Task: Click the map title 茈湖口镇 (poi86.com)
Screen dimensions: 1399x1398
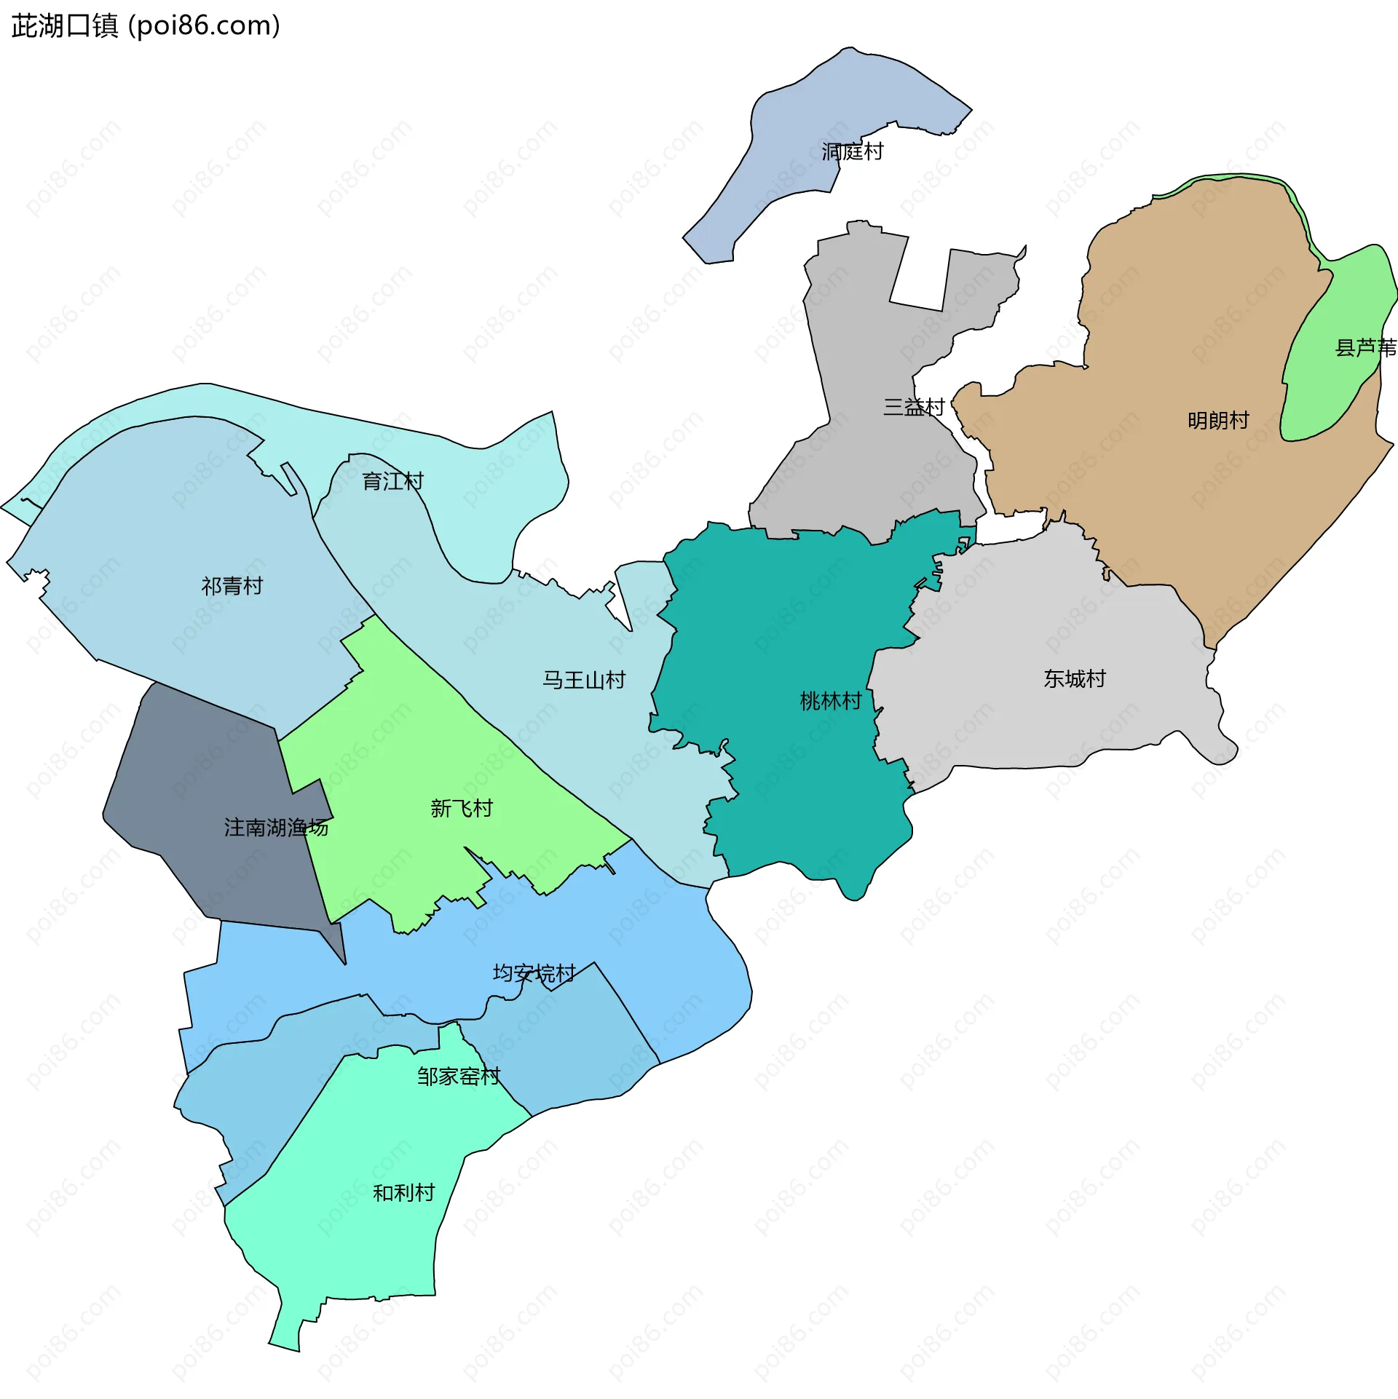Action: (x=146, y=26)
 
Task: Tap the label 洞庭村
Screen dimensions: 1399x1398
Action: (x=852, y=151)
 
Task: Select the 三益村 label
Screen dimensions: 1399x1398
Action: (x=913, y=407)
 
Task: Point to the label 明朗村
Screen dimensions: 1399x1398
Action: (x=1217, y=420)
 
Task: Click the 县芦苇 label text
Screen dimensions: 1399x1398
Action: (x=1365, y=348)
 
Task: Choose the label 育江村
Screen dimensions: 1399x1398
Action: (x=392, y=481)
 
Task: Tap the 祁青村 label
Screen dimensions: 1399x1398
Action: (x=232, y=586)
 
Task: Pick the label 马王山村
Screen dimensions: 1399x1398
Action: (x=584, y=680)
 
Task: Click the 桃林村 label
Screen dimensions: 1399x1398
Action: (x=830, y=701)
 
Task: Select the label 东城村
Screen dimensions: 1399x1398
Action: (x=1074, y=678)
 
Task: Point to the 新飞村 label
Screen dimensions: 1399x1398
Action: (x=461, y=808)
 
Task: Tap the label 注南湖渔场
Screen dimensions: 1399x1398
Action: (x=276, y=828)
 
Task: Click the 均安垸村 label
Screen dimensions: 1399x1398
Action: (x=534, y=973)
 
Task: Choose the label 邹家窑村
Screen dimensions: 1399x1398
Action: (x=459, y=1076)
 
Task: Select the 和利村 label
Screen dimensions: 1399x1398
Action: (x=403, y=1192)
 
